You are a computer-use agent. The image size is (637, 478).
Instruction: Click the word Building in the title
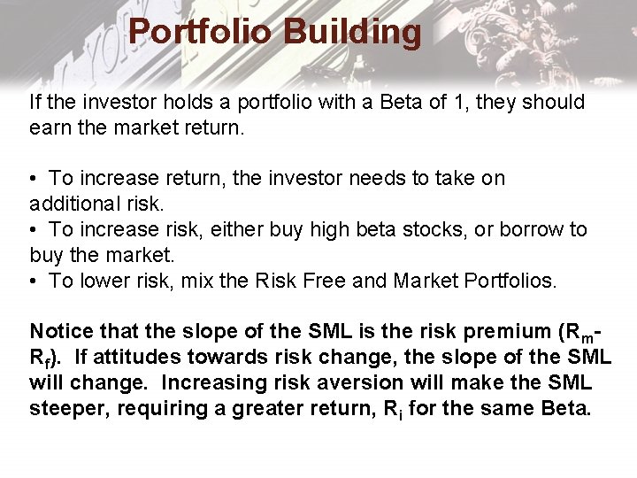click(352, 32)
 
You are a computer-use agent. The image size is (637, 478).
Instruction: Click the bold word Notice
click(62, 332)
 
